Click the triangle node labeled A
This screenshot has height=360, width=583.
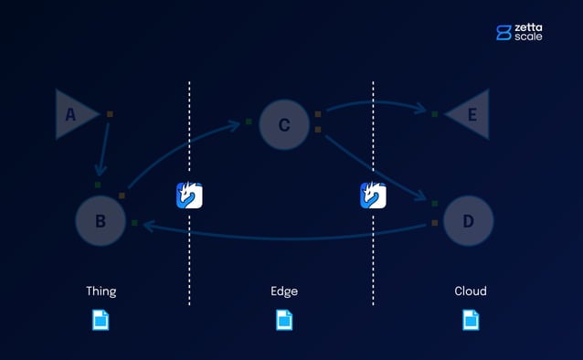(73, 114)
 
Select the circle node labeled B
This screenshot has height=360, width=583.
(101, 220)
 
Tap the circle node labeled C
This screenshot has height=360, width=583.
(284, 125)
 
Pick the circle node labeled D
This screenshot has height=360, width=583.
(468, 220)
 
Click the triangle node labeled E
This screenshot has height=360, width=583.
(470, 114)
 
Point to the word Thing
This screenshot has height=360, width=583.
(101, 291)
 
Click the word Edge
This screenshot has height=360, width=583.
(284, 291)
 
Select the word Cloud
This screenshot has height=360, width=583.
(471, 291)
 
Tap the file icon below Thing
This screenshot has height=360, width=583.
(101, 320)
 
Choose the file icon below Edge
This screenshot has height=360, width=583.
(284, 320)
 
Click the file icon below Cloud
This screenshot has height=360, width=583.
(471, 320)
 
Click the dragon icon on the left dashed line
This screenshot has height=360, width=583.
(189, 196)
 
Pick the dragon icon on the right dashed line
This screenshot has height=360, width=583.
(373, 196)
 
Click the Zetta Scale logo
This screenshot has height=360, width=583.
(519, 32)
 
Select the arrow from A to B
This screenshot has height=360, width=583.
(104, 146)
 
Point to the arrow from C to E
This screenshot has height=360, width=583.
(375, 103)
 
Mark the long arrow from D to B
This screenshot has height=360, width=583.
(283, 237)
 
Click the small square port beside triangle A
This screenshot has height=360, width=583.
(111, 114)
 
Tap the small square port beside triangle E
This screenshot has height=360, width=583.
(435, 114)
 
